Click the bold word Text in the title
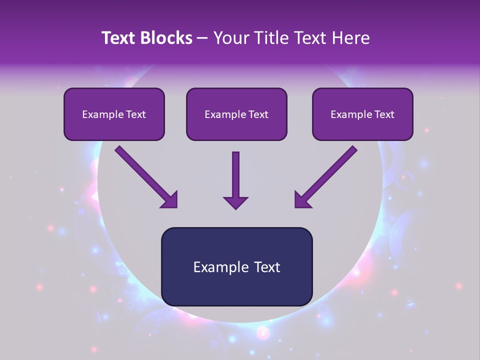pos(119,38)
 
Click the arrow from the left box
pos(145,176)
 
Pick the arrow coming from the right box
pos(327,176)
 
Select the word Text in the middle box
pos(258,114)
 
